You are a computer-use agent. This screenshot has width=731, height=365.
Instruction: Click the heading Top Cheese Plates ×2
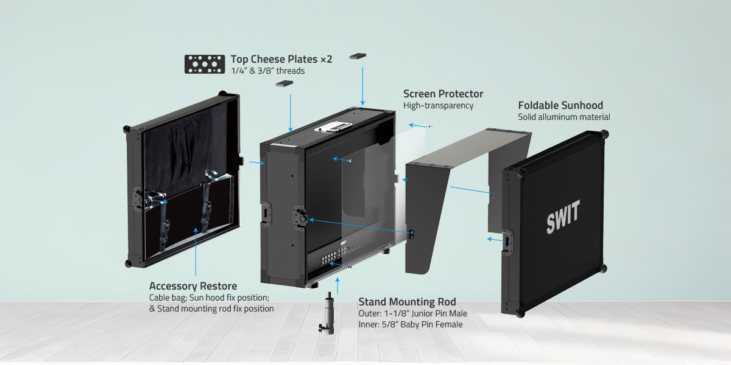click(x=281, y=60)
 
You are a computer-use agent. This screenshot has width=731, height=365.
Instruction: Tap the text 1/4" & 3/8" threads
click(x=267, y=71)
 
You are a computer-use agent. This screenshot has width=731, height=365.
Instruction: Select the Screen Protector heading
click(x=443, y=94)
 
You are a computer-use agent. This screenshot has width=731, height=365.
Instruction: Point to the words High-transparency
click(x=438, y=106)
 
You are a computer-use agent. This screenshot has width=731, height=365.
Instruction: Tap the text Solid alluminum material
click(x=563, y=117)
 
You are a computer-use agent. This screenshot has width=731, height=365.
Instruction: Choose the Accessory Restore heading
click(x=193, y=286)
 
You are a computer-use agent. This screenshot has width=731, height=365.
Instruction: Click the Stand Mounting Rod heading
click(x=407, y=302)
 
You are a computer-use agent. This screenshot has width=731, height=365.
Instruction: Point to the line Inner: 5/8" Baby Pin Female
click(x=411, y=324)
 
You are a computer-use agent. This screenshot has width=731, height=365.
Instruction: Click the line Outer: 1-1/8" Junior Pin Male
click(x=413, y=313)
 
